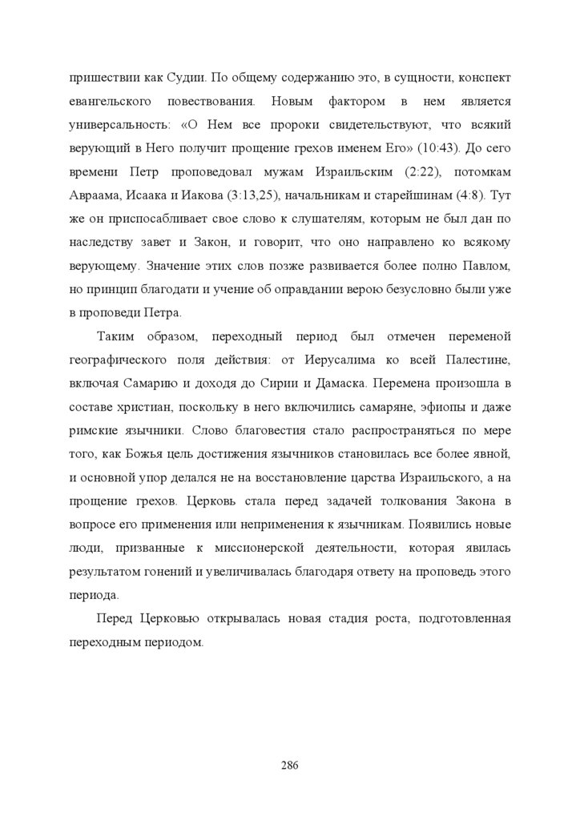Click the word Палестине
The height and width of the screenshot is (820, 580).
coord(477,358)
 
